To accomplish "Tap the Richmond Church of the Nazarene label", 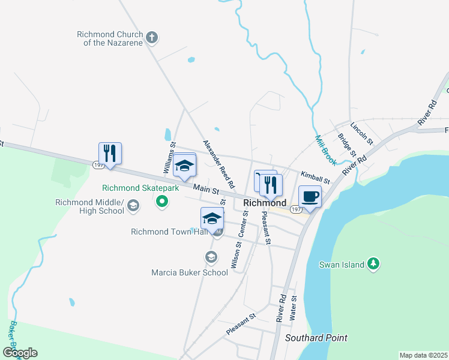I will coord(109,38).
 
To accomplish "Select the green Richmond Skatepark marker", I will coord(161,201).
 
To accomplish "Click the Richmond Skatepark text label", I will coord(140,188).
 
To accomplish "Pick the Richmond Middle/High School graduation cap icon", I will coord(133,207).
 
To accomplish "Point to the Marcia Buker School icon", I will coord(211,257).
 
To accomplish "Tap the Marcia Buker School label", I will coord(190,272).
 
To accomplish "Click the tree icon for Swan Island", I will coord(373,263).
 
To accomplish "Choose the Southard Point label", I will coord(316,338).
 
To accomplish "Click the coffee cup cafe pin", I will coord(310,197).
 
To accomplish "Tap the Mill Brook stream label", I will coord(327,149).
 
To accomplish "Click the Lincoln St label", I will coord(362,135).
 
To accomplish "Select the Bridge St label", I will coord(347,147).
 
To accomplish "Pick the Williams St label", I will coord(170,158).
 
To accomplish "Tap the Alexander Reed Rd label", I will coord(218,163).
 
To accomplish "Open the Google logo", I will coord(20,352).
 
